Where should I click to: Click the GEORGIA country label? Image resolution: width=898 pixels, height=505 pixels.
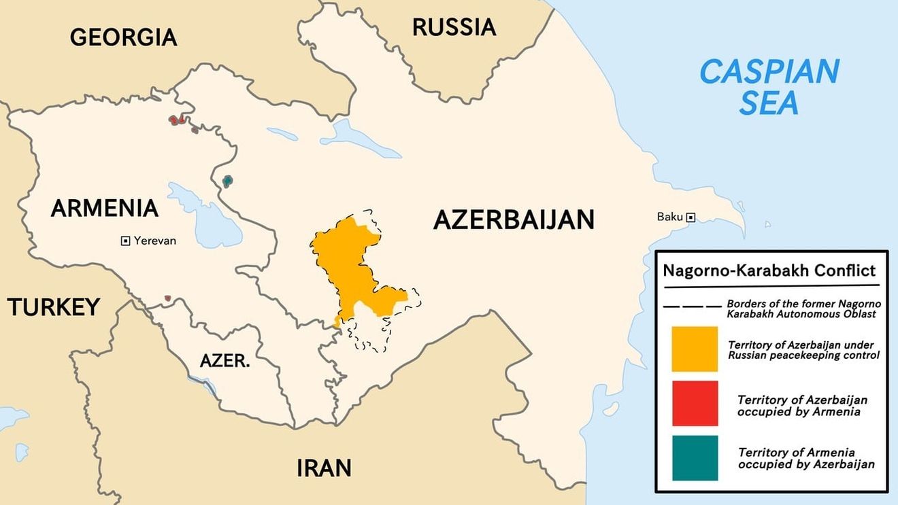click(x=123, y=37)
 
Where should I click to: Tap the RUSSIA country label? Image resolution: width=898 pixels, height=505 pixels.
click(x=454, y=27)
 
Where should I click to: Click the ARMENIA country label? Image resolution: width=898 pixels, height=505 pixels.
click(x=104, y=208)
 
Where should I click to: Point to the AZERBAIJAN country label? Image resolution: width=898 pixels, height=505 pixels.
click(x=514, y=220)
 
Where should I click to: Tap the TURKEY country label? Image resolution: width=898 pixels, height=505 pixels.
click(x=54, y=307)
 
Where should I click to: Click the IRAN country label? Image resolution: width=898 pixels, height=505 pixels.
click(x=324, y=468)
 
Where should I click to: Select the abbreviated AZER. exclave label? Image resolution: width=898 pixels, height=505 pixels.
click(x=224, y=361)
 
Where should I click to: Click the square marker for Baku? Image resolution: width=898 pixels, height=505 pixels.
click(x=691, y=217)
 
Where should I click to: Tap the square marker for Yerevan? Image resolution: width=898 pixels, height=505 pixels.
click(x=125, y=241)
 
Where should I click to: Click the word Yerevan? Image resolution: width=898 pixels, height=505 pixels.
click(x=155, y=241)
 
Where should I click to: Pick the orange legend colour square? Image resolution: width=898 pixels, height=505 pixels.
click(x=695, y=349)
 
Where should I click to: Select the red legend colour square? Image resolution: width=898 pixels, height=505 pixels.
click(x=695, y=403)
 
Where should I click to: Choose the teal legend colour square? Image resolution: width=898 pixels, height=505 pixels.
click(x=695, y=458)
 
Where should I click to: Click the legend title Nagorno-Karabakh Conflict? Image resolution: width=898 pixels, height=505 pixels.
click(x=769, y=271)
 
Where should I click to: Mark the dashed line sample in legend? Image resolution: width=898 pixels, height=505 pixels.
click(x=691, y=307)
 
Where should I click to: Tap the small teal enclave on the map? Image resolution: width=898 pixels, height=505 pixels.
click(x=227, y=181)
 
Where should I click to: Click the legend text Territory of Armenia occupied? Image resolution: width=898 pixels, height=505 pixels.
click(x=796, y=453)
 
